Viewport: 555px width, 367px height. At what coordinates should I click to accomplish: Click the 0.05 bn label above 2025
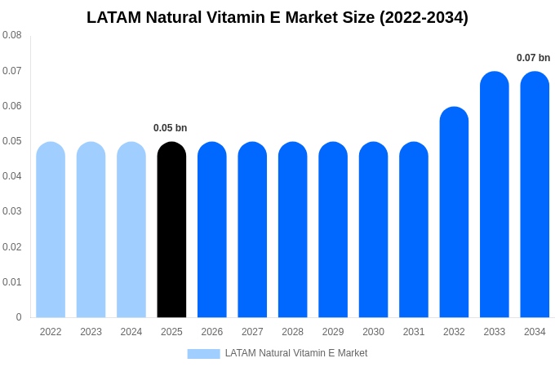(171, 128)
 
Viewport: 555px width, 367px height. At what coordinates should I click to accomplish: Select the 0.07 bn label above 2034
(533, 58)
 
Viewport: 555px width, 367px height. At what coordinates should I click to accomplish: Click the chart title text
(277, 17)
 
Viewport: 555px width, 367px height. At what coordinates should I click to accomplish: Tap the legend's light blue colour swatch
(203, 354)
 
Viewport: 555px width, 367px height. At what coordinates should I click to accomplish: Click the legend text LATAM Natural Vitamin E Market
(296, 353)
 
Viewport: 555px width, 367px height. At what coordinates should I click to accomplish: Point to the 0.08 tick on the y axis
(12, 35)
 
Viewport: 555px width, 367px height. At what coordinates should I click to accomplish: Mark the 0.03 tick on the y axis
(12, 211)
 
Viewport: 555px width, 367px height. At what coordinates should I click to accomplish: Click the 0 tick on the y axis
(19, 317)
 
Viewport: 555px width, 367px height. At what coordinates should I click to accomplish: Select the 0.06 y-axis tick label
(12, 106)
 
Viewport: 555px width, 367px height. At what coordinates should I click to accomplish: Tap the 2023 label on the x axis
(91, 332)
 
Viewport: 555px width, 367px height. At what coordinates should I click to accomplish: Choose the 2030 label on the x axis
(373, 332)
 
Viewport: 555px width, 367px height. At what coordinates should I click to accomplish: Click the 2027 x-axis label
(252, 332)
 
